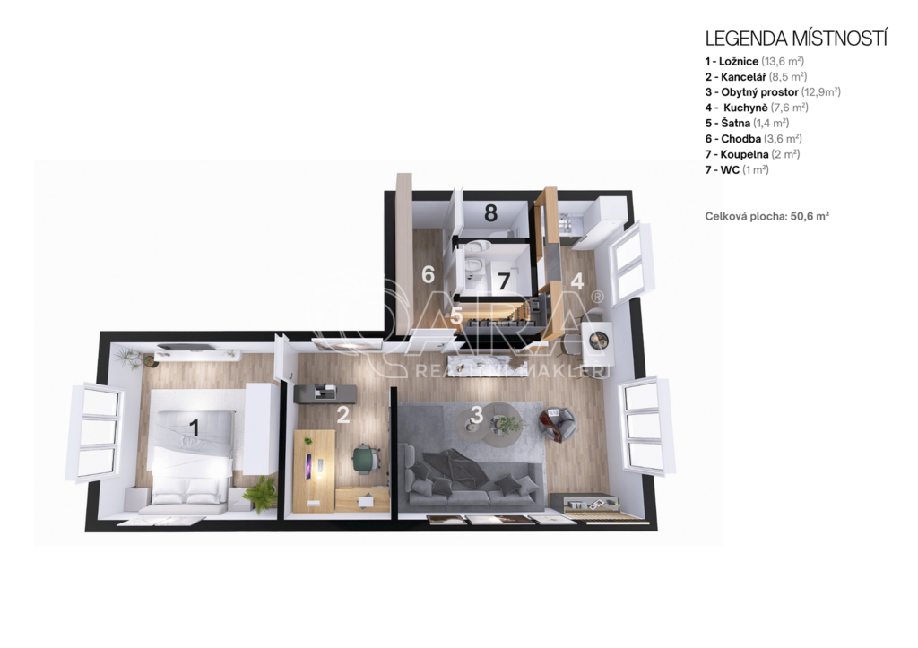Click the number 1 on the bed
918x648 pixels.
(195, 428)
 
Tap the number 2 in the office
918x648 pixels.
(343, 415)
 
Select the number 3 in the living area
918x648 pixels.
(477, 414)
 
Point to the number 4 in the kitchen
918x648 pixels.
(576, 281)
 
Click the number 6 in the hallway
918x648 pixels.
(428, 274)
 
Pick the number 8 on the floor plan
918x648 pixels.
(490, 213)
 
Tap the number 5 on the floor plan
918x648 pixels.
(456, 316)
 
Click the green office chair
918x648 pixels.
(366, 458)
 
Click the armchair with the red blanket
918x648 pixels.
(558, 423)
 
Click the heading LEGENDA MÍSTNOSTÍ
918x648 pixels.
(796, 39)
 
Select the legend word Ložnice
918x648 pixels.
(739, 61)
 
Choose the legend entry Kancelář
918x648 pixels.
(743, 77)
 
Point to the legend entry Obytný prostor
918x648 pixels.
(759, 92)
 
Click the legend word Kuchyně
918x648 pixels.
(745, 108)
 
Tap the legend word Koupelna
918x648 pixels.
(744, 154)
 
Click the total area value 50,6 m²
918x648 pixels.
(810, 216)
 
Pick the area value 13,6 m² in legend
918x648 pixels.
(783, 61)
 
